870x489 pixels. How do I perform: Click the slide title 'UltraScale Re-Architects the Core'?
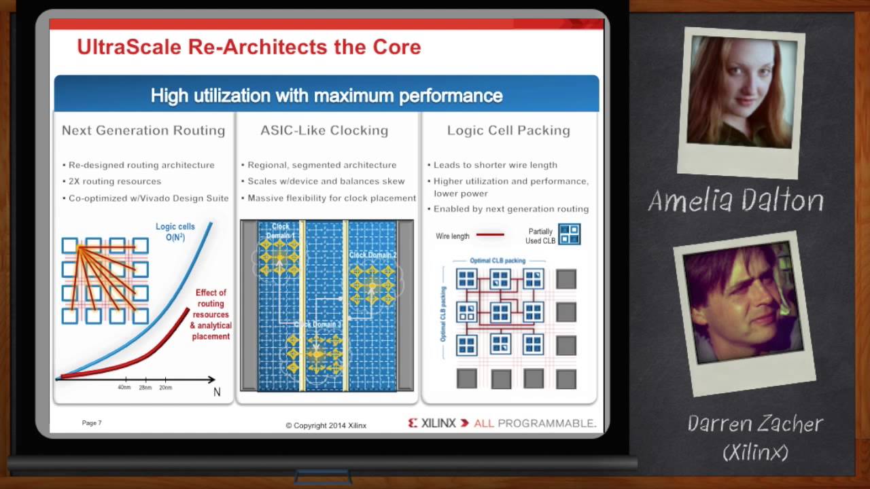tap(249, 48)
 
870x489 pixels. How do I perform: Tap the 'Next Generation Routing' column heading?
tap(143, 130)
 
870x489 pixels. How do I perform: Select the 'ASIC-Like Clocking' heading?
tap(324, 130)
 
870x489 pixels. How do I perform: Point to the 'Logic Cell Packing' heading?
tap(508, 130)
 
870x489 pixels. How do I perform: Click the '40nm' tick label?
tap(124, 388)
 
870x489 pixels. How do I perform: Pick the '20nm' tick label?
tap(165, 388)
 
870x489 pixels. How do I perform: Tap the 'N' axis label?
tap(217, 392)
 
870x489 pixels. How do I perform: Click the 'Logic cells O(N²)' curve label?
tap(175, 232)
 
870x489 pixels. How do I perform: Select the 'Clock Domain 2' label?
tap(373, 255)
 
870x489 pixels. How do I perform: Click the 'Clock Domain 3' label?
tap(317, 325)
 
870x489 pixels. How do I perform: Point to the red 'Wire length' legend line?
tap(490, 235)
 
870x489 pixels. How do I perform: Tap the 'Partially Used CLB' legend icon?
tap(569, 234)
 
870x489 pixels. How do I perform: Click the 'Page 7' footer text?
tap(92, 423)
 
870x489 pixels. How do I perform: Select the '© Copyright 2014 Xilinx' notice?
tap(326, 426)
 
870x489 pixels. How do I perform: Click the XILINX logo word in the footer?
tap(438, 423)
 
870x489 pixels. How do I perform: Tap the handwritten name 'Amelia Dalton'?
tap(736, 200)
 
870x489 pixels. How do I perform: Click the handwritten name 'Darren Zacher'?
tap(755, 424)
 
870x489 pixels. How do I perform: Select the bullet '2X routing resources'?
tap(115, 181)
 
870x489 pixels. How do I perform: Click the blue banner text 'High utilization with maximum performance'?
tap(326, 96)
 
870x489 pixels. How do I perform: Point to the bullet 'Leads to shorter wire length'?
tap(495, 165)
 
